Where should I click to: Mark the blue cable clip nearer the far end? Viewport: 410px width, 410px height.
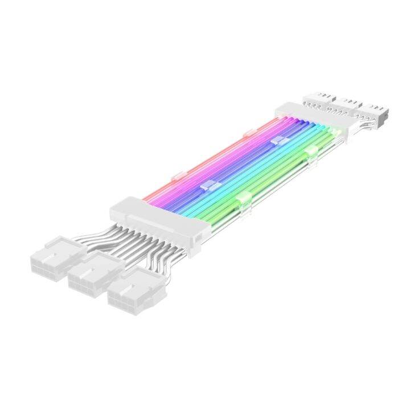pos(277,140)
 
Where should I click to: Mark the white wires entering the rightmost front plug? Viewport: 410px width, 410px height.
pos(157,259)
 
